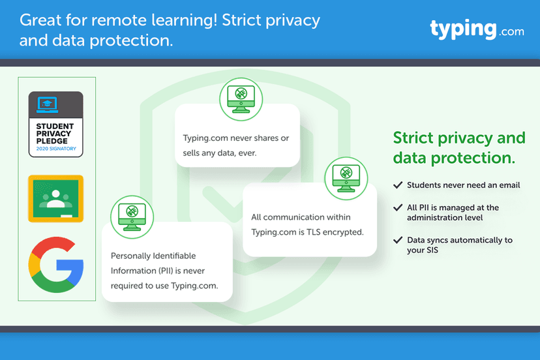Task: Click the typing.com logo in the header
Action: (476, 29)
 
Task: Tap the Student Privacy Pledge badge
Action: (56, 124)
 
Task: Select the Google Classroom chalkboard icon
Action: (56, 198)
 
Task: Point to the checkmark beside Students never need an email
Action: (397, 185)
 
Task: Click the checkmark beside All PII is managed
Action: (397, 207)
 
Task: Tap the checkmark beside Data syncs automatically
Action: (397, 240)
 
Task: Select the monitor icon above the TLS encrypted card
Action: (346, 178)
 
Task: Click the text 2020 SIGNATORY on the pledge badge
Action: (56, 149)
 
